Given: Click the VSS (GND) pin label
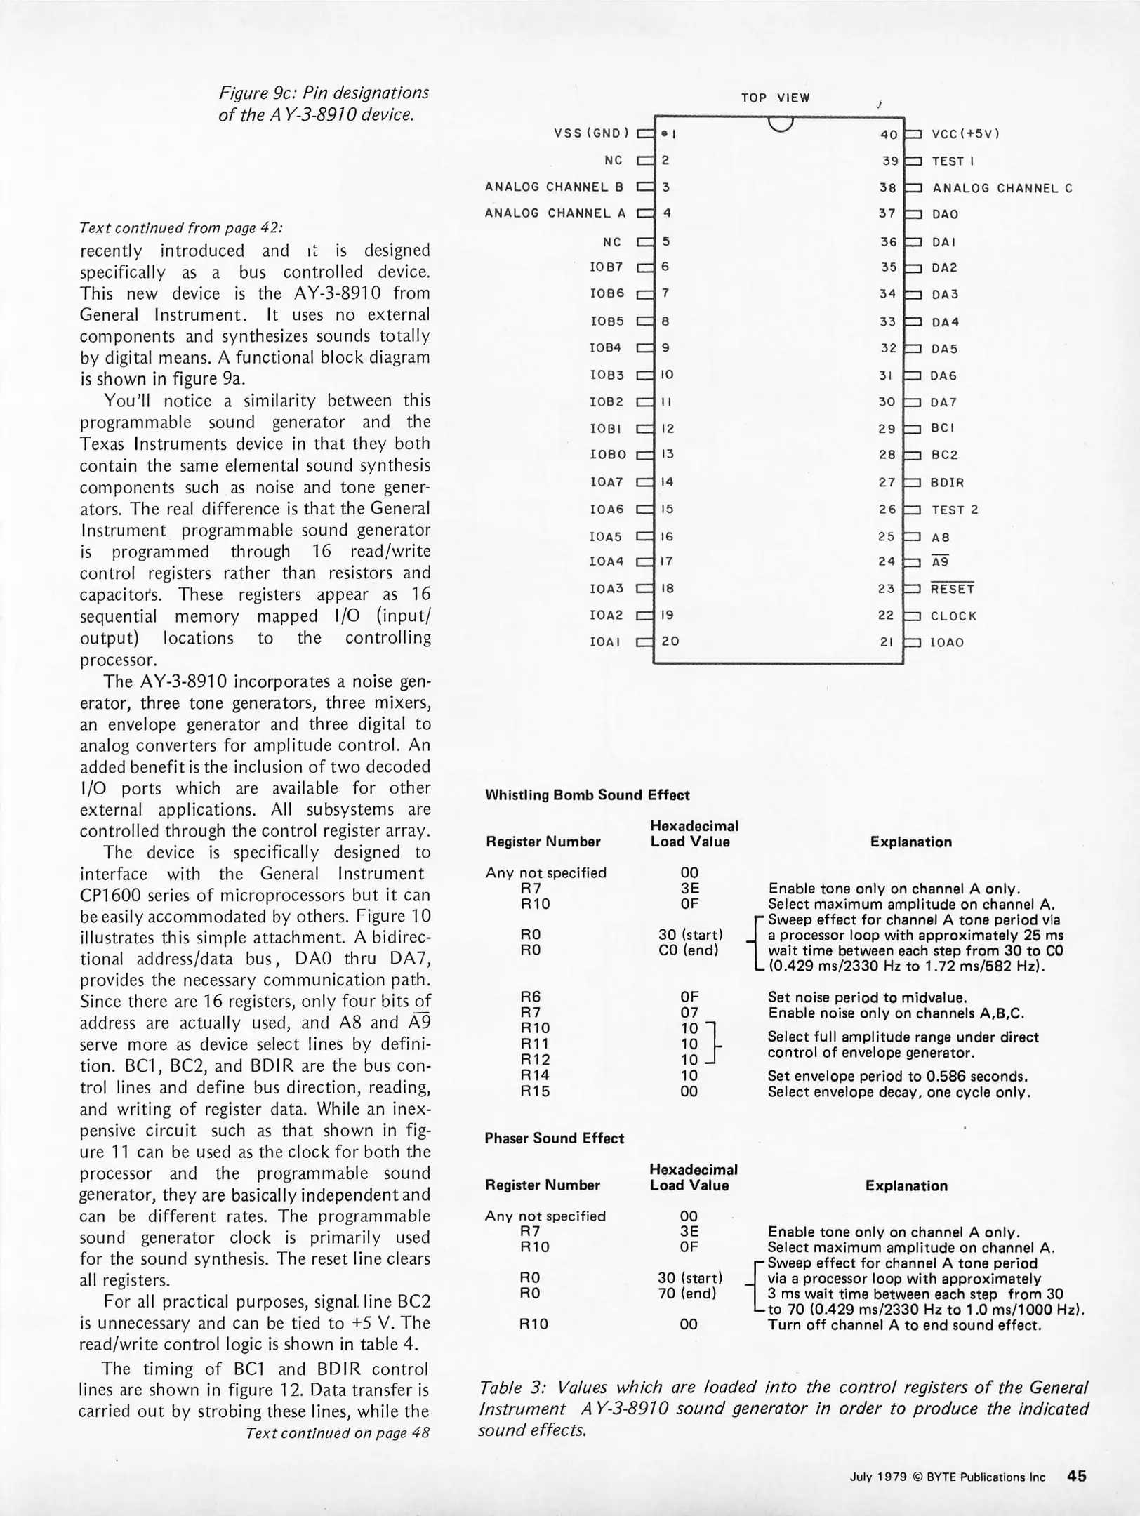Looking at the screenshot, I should coord(592,133).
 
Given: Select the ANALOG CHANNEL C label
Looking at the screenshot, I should coord(1002,188).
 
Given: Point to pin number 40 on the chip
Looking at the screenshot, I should coord(889,134).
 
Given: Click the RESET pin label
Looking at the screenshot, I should coord(953,589).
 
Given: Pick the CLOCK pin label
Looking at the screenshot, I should coord(953,616).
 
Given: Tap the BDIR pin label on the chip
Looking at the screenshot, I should coord(948,483).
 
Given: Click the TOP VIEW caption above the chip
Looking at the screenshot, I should coord(775,98).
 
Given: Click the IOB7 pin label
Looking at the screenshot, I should coord(607,267).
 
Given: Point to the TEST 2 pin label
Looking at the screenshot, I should coord(955,510).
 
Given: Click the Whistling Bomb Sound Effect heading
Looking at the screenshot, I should coord(587,795).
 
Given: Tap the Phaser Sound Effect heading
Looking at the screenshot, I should coord(554,1138).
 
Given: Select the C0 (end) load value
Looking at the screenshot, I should coord(689,950).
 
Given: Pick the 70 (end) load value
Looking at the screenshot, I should coord(687,1294).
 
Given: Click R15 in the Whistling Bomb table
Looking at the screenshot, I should coord(535,1091).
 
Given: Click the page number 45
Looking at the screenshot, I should coord(1076,1476).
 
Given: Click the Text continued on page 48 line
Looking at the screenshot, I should coord(338,1433).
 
